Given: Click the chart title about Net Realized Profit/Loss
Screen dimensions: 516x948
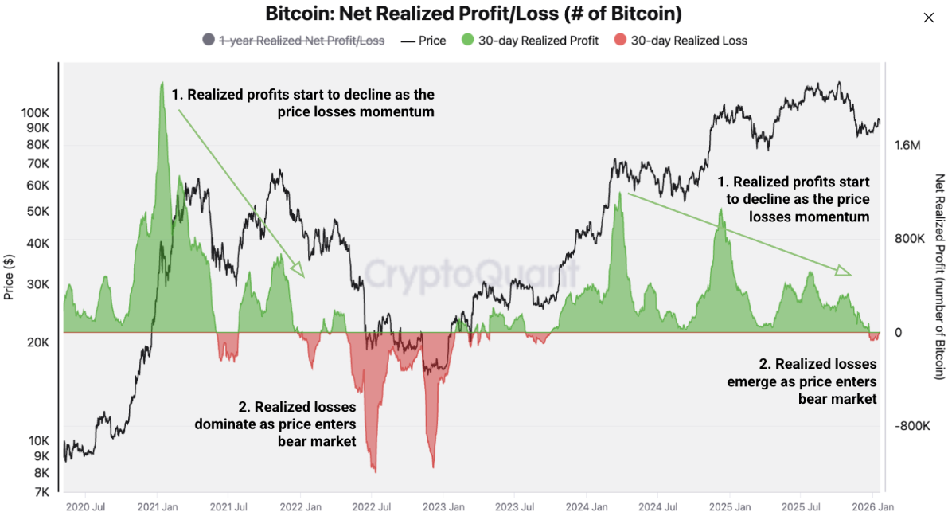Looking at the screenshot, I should [x=473, y=14].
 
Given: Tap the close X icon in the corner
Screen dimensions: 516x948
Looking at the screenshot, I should [x=928, y=18].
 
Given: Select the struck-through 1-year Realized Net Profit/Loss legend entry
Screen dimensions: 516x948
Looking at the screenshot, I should [x=302, y=40].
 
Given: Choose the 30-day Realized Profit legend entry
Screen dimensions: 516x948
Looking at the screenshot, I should [x=538, y=40].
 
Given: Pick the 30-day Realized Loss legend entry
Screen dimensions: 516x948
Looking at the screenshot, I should [x=689, y=40].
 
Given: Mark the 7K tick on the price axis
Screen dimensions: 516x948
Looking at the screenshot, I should [x=41, y=492].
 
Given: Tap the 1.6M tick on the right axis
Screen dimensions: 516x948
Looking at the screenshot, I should [x=907, y=146].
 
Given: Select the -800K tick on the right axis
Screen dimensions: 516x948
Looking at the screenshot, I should [x=911, y=426].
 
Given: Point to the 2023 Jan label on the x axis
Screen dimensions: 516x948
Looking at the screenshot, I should [x=443, y=506].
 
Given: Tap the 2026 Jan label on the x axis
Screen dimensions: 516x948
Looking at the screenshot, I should [x=872, y=506].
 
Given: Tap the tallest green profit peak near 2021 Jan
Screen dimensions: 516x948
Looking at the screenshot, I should [x=162, y=83].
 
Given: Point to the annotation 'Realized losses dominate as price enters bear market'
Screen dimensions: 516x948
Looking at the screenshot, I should [x=275, y=424].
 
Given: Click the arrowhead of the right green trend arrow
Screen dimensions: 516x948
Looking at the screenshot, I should [x=844, y=272].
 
